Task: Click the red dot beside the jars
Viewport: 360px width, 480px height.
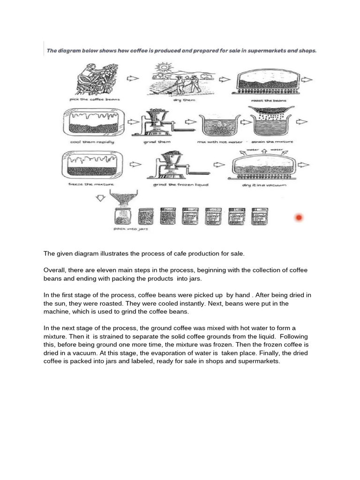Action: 298,217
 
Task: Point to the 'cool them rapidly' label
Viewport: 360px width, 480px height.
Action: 92,142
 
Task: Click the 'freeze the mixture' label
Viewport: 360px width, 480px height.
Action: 91,185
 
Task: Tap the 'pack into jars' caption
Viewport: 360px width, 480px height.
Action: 125,229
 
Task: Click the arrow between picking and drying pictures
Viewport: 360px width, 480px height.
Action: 133,78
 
